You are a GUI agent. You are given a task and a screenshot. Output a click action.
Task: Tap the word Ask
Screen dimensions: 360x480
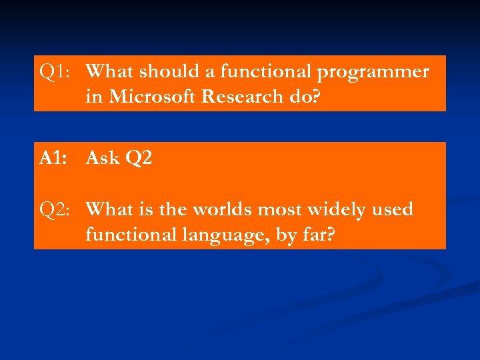[103, 158]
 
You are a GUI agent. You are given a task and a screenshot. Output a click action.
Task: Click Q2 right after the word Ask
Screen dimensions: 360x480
[139, 159]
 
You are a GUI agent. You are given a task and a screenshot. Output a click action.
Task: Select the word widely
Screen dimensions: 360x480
[334, 210]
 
